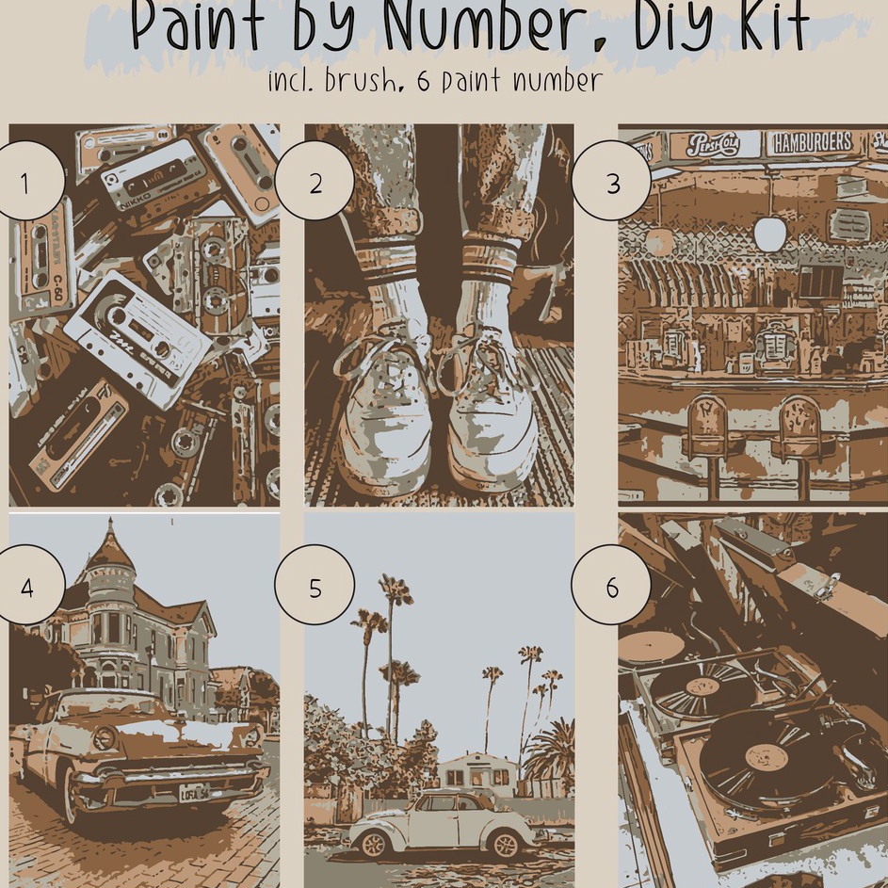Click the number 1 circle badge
coord(25,181)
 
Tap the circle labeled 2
coord(315,182)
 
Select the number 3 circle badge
coord(612,182)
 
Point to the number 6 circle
coord(611,587)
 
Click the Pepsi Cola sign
coord(713,145)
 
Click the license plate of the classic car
coord(194,792)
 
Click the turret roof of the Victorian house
coord(109,551)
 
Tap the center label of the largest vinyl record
coord(765,756)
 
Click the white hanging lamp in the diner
coord(769,234)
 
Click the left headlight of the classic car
coord(103,737)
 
